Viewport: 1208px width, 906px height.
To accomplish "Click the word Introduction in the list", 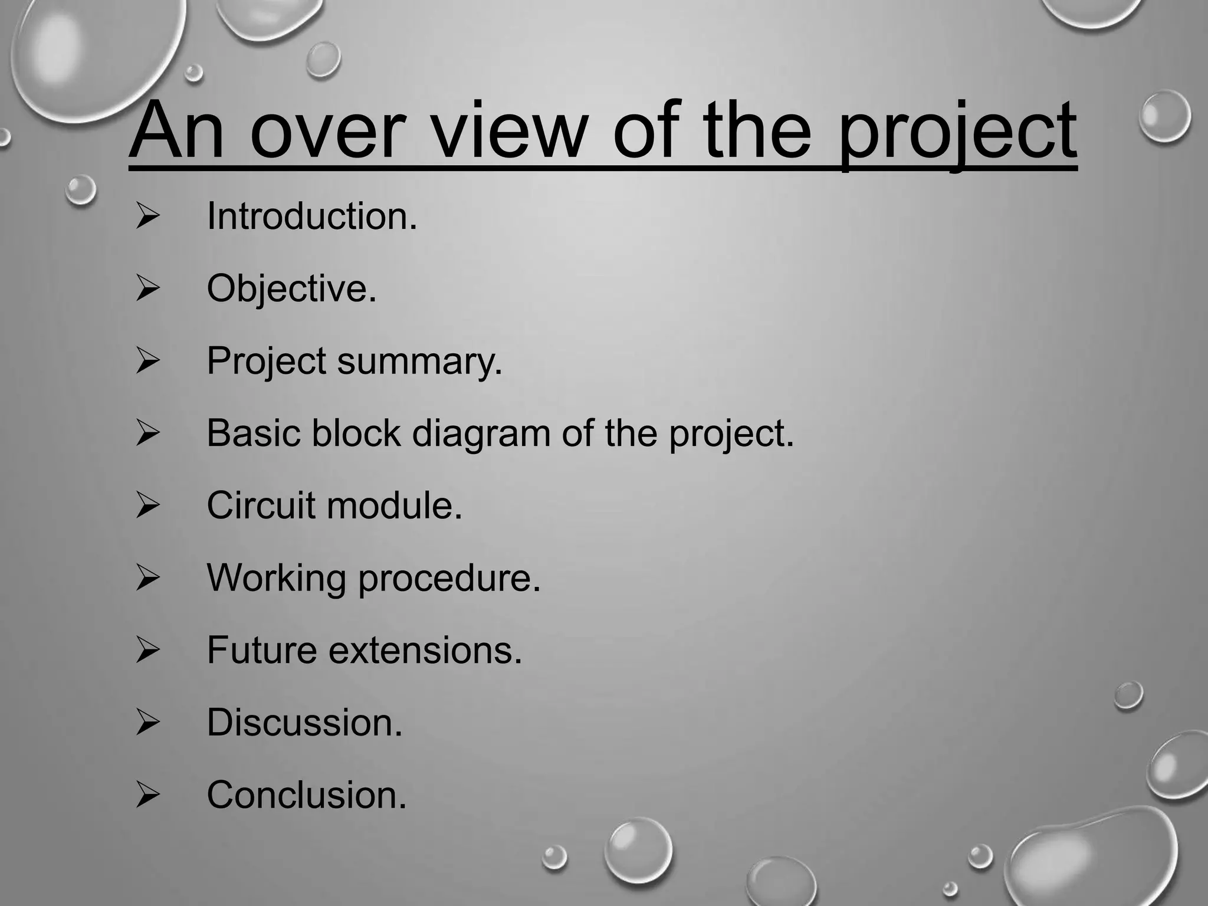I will (x=311, y=216).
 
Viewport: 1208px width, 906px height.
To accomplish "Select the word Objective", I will (x=291, y=289).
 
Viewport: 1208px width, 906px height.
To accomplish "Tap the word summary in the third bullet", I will (x=419, y=361).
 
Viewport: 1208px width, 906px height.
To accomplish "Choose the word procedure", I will (x=449, y=579).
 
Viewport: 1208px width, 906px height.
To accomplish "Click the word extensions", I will (x=425, y=651).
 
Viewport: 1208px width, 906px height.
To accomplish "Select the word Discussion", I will (x=304, y=723).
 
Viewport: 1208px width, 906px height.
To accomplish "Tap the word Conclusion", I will (x=306, y=795).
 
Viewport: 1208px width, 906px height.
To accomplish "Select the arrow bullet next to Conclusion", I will (x=147, y=795).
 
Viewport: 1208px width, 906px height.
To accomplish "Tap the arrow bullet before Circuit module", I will (x=147, y=505).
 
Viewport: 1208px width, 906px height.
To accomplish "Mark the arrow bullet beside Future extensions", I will (x=147, y=650).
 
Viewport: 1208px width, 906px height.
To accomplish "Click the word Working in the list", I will (x=276, y=579).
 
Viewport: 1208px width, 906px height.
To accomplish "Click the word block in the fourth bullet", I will (x=356, y=434).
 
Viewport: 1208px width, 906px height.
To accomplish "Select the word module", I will (x=394, y=506).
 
